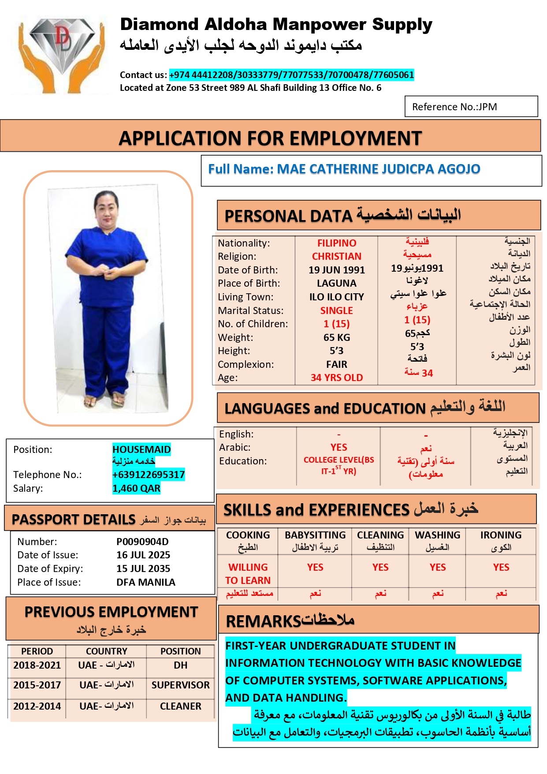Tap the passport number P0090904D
click(142, 542)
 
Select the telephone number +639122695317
click(149, 475)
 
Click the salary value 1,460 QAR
click(136, 488)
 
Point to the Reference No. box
click(471, 107)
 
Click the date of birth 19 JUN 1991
click(337, 270)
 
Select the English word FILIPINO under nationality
click(337, 243)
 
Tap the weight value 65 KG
click(337, 337)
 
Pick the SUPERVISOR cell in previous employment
click(181, 685)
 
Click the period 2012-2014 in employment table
click(37, 706)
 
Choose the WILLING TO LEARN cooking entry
click(248, 573)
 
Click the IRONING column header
click(501, 535)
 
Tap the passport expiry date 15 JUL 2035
click(143, 568)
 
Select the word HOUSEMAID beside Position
click(141, 449)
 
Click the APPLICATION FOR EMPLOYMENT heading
click(270, 138)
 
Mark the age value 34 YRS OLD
click(337, 378)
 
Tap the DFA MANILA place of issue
click(146, 582)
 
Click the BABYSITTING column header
click(315, 535)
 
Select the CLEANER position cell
click(181, 706)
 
